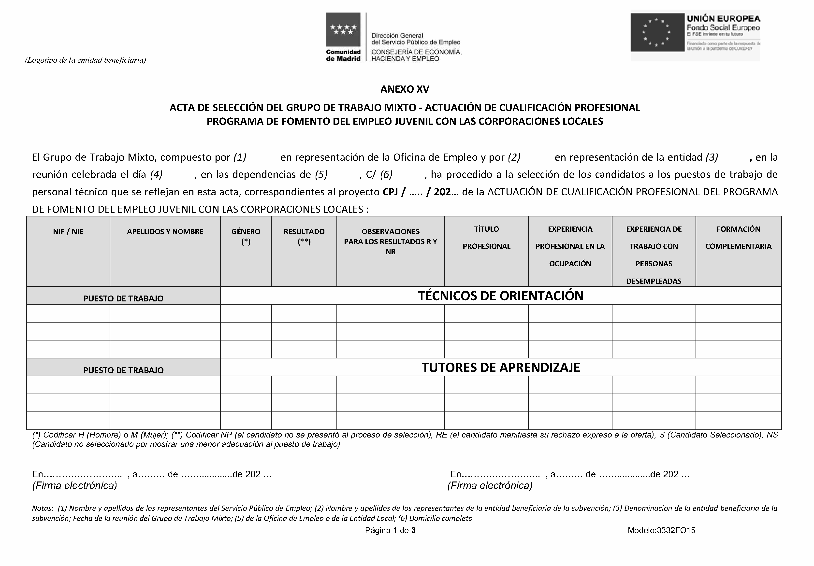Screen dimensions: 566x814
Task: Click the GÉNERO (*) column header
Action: [x=246, y=236]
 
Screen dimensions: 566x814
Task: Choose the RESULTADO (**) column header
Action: [x=304, y=236]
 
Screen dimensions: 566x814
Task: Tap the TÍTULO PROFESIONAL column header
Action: [x=486, y=238]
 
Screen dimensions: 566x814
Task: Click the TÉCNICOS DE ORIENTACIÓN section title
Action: [x=501, y=296]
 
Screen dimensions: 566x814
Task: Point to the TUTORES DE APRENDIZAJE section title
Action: [x=501, y=368]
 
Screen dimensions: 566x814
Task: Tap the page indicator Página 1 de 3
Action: [x=390, y=531]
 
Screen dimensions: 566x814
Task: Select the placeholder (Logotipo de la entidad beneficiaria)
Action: [x=86, y=60]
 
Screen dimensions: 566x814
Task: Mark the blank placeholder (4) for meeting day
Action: [x=156, y=174]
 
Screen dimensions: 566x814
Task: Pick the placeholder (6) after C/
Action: [x=386, y=174]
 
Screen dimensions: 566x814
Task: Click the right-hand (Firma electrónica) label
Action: [x=490, y=486]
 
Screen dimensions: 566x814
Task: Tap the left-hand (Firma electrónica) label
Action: [x=74, y=486]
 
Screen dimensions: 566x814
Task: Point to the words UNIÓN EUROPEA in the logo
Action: [x=723, y=19]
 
